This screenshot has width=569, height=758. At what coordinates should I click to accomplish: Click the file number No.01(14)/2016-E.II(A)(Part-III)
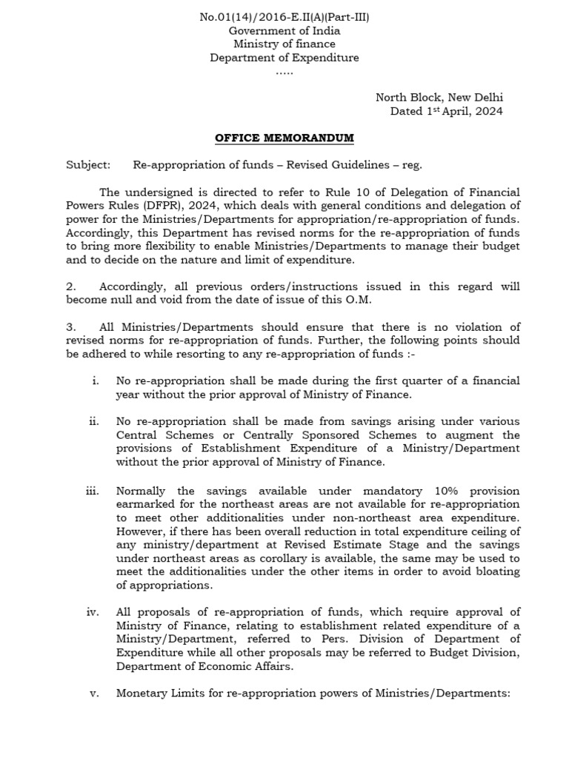pyautogui.click(x=284, y=17)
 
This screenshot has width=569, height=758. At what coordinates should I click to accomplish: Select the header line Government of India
pyautogui.click(x=284, y=30)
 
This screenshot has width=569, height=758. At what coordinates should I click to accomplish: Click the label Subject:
pyautogui.click(x=88, y=166)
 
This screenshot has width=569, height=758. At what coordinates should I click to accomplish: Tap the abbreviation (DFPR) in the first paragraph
pyautogui.click(x=159, y=206)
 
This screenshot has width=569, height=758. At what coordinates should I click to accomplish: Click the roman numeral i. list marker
pyautogui.click(x=95, y=381)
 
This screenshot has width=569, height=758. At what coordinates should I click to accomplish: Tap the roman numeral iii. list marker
pyautogui.click(x=93, y=492)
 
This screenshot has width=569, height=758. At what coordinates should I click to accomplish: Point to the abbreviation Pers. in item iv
pyautogui.click(x=324, y=639)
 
